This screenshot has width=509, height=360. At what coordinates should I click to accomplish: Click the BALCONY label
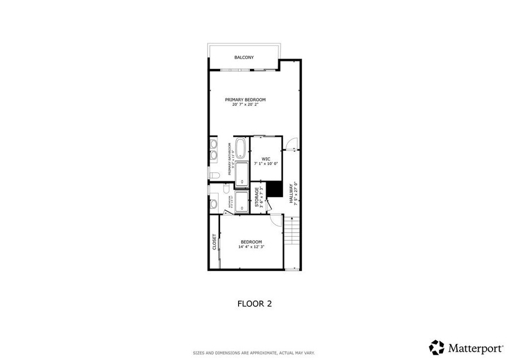(244, 58)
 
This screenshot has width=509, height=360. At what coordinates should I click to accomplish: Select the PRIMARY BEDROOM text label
(245, 99)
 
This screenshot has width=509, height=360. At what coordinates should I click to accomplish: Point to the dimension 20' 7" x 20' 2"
(245, 105)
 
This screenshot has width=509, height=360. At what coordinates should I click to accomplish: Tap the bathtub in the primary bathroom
(241, 148)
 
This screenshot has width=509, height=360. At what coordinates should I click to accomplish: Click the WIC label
(266, 159)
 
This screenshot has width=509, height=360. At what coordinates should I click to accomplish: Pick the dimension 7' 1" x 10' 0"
(266, 164)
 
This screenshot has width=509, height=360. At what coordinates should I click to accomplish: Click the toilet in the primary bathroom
(215, 175)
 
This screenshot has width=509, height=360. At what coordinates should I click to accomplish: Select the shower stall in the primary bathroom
(242, 174)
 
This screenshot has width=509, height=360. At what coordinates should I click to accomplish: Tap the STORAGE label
(257, 197)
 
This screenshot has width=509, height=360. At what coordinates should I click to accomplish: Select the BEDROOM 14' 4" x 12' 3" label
(251, 244)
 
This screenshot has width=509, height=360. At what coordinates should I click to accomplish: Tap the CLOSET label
(214, 242)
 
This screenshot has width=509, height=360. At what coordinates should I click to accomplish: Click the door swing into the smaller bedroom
(275, 219)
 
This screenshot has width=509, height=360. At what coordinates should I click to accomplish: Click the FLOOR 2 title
(254, 303)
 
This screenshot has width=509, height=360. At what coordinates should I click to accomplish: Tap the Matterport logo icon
(437, 347)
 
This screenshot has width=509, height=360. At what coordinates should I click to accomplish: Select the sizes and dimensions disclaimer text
(254, 353)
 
